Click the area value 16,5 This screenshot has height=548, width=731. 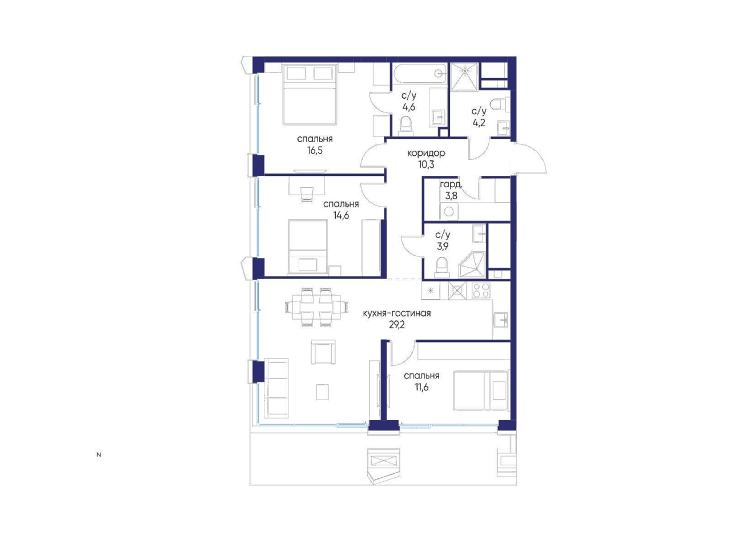pyautogui.click(x=314, y=150)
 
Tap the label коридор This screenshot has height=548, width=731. pyautogui.click(x=425, y=154)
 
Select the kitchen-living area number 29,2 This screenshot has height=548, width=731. pyautogui.click(x=396, y=325)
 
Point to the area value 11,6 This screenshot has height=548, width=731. pyautogui.click(x=421, y=387)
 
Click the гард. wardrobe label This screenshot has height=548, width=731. pyautogui.click(x=451, y=184)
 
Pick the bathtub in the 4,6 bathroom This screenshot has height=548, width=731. pyautogui.click(x=419, y=75)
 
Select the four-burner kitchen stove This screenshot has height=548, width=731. pyautogui.click(x=480, y=290)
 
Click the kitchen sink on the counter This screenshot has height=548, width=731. pyautogui.click(x=500, y=320)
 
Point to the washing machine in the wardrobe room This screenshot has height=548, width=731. pyautogui.click(x=448, y=211)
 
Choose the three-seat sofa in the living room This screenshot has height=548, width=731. pyautogui.click(x=276, y=388)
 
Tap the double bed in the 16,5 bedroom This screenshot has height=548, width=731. pyautogui.click(x=310, y=95)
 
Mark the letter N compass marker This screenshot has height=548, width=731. pyautogui.click(x=99, y=454)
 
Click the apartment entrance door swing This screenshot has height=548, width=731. pyautogui.click(x=529, y=158)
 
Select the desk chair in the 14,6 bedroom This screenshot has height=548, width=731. pyautogui.click(x=307, y=194)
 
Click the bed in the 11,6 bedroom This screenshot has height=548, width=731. pyautogui.click(x=481, y=390)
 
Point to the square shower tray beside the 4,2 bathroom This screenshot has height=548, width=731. pyautogui.click(x=464, y=77)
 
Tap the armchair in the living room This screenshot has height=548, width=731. pyautogui.click(x=323, y=352)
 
